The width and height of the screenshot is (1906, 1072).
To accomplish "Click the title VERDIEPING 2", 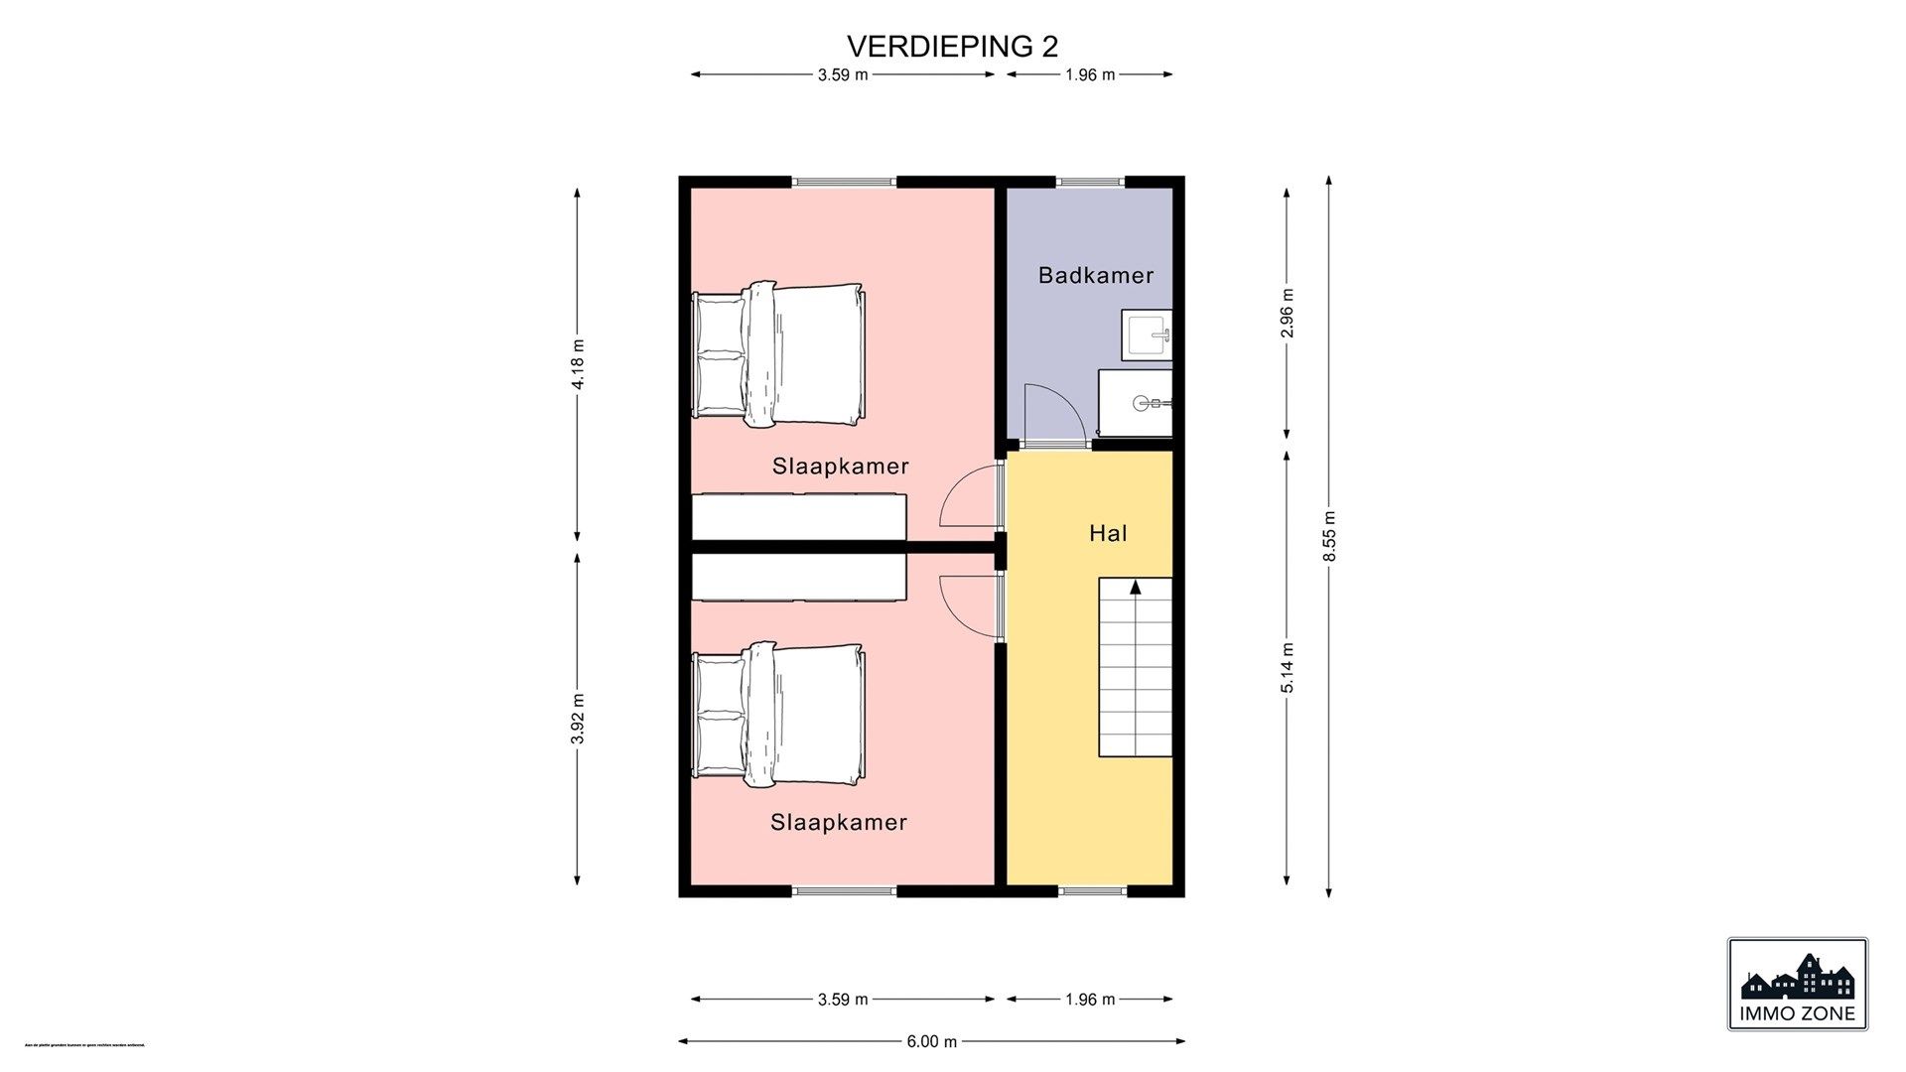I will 952,47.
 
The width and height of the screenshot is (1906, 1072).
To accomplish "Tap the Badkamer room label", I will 1096,275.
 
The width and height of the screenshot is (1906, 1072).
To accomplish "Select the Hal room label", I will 1108,534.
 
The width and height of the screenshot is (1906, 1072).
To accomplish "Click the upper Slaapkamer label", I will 840,467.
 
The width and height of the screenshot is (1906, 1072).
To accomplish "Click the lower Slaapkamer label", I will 839,823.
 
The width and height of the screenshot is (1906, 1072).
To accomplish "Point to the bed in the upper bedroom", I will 779,354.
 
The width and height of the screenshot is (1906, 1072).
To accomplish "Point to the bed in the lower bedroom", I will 779,714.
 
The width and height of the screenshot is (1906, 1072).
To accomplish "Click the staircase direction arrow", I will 1135,588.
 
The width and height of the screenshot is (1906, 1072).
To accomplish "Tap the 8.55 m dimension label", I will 1329,536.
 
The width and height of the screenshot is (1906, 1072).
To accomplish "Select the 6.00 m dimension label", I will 931,1041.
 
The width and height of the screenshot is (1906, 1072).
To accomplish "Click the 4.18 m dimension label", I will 578,364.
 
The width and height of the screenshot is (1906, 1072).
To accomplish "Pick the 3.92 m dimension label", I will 578,718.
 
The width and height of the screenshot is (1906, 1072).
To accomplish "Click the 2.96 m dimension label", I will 1288,313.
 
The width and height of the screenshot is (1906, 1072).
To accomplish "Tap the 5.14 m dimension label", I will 1288,667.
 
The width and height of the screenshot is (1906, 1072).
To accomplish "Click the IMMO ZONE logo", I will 1797,984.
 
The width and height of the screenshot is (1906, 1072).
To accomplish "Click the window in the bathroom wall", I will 1090,182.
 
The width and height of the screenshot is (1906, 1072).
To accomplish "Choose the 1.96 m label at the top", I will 1090,74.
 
